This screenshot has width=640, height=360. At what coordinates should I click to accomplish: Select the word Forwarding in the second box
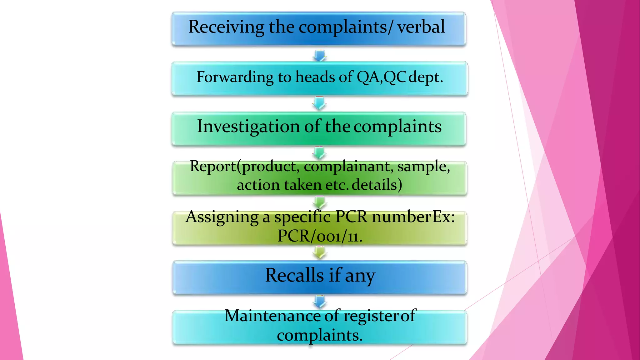(235, 77)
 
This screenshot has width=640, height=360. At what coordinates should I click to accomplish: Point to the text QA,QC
(381, 77)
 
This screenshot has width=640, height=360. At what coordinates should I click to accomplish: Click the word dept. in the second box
(426, 77)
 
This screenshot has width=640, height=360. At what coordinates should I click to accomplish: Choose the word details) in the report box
(377, 185)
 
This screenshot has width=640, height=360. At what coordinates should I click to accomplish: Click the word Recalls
(294, 275)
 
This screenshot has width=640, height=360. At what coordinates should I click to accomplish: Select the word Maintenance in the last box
(272, 316)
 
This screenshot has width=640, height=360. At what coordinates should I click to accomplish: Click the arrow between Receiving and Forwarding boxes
(319, 55)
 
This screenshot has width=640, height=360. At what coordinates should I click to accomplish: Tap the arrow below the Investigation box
(319, 153)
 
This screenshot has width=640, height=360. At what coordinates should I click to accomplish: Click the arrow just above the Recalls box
(319, 252)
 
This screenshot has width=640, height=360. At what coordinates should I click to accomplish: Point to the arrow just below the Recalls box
(319, 302)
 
